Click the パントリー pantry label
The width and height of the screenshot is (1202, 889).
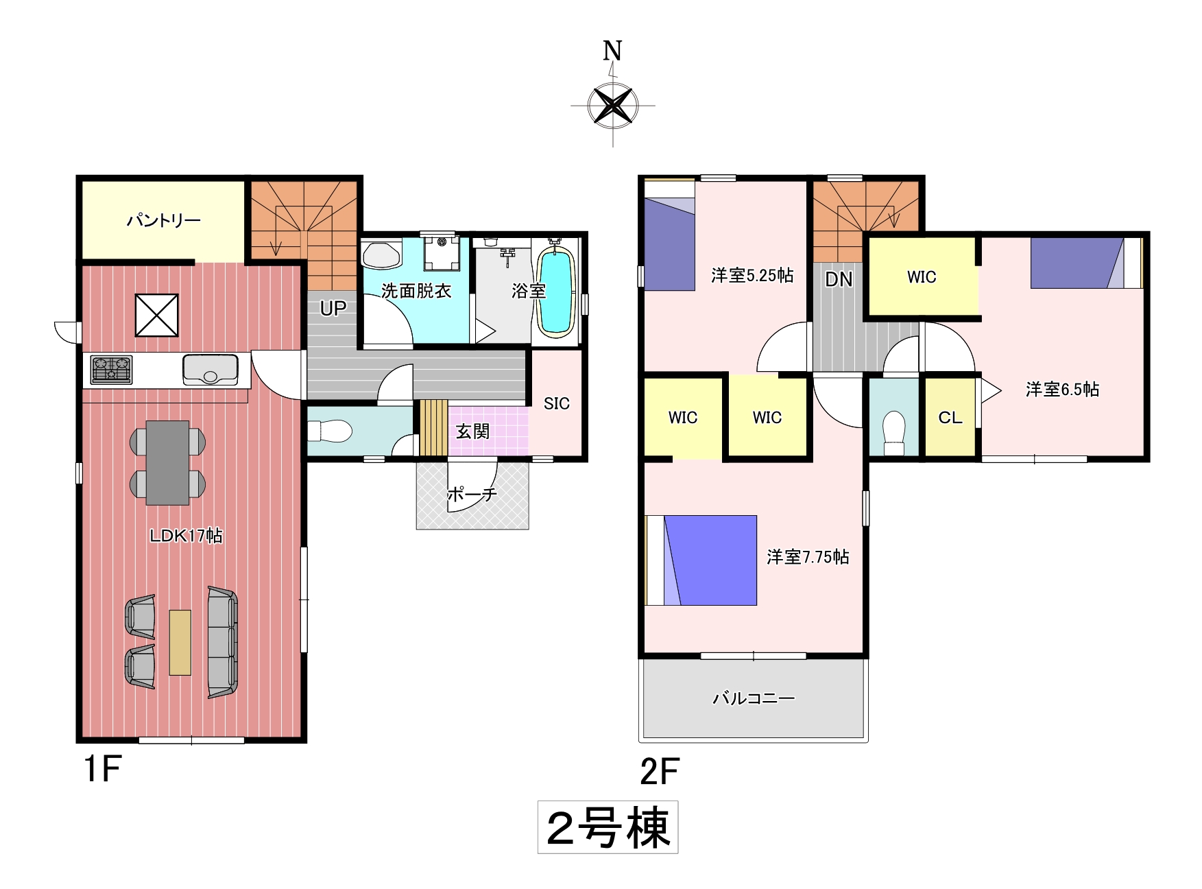point(163,221)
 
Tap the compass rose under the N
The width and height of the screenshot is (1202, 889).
point(613,106)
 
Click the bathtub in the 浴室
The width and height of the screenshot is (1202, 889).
point(555,292)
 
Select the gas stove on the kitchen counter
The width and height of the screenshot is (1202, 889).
point(111,369)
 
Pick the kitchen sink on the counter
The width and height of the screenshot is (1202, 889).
point(210,369)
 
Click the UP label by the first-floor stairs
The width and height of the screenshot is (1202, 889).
point(333,309)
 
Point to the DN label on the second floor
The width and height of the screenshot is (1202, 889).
point(839,279)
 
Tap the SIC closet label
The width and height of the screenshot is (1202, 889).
point(557,403)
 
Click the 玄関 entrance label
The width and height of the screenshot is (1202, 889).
point(473,431)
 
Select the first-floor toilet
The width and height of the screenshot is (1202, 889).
point(329,431)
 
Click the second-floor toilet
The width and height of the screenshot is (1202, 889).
point(894,433)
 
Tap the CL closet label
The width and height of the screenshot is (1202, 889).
point(950,418)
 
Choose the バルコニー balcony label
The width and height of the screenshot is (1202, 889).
point(754,698)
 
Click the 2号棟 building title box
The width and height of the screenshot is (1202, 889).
point(608,827)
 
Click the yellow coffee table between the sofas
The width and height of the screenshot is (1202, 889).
point(180,643)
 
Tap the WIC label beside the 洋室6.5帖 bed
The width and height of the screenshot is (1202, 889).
point(922,277)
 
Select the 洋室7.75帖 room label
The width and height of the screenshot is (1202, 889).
point(808,557)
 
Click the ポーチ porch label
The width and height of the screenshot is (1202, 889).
point(472,494)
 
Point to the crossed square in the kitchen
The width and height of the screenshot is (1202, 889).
point(156,315)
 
